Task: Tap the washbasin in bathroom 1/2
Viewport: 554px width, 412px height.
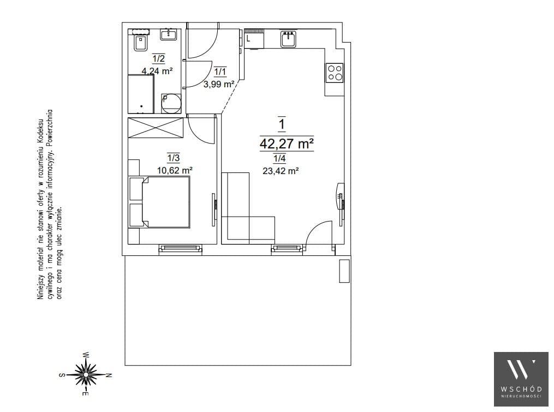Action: coord(169,34)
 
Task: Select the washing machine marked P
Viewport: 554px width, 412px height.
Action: coord(171,103)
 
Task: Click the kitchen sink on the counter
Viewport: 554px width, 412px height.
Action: coord(289,39)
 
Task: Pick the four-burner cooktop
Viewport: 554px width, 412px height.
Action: coord(334,73)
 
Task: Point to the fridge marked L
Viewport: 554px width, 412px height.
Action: coord(254,39)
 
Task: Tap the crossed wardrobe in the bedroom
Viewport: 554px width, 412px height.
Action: coord(156,128)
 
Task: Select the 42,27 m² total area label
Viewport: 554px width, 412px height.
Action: coord(287,144)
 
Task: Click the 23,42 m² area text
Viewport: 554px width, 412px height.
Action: coord(281,171)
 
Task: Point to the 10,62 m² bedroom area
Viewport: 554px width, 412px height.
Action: coord(175,170)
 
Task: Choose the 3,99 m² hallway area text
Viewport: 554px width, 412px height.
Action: coord(219,84)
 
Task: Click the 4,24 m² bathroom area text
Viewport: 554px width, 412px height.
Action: coord(157,71)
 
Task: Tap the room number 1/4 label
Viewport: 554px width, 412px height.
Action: coord(279,158)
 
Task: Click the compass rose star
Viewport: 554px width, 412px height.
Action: coord(86,374)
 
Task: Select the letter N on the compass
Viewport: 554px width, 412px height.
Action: coord(109,375)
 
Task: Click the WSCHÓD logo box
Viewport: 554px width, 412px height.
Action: coord(521,379)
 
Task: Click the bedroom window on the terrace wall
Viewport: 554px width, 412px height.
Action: coord(181,249)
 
